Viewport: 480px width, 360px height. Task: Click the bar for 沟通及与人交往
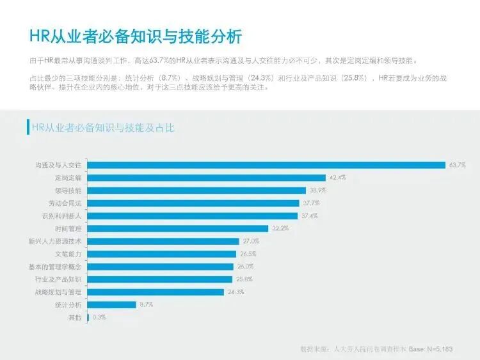point(266,165)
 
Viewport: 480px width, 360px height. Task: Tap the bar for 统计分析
point(112,304)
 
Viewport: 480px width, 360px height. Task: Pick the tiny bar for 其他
point(88,317)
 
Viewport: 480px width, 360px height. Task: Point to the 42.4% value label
point(337,178)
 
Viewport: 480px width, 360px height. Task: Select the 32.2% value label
point(280,228)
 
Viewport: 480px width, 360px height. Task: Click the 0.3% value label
point(99,317)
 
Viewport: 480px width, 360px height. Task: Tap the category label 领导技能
point(68,191)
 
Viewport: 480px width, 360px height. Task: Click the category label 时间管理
point(68,228)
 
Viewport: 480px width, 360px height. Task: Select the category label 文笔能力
point(68,254)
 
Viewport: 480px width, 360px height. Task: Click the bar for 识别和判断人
point(193,215)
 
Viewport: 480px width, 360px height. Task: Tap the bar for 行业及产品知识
point(159,279)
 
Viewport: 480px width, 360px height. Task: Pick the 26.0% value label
point(245,267)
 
